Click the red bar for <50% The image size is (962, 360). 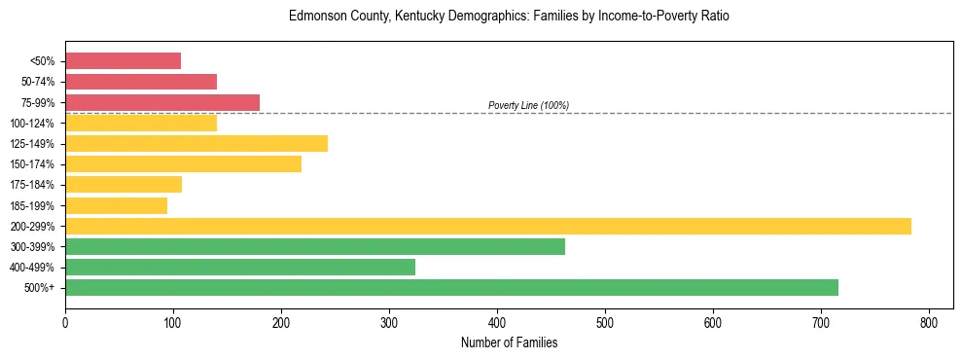click(123, 61)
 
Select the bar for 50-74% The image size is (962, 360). click(141, 82)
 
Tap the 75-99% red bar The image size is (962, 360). click(162, 102)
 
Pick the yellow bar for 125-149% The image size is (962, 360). click(196, 144)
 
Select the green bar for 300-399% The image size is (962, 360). click(315, 246)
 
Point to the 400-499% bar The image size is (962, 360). click(240, 267)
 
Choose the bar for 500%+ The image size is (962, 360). click(451, 287)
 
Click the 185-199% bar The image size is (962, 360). click(116, 205)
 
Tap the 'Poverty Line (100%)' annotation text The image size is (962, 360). click(528, 105)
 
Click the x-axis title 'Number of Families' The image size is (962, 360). click(509, 342)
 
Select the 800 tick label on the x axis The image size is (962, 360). click(929, 322)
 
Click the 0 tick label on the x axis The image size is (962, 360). click(65, 322)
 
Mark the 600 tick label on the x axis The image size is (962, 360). click(713, 322)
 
